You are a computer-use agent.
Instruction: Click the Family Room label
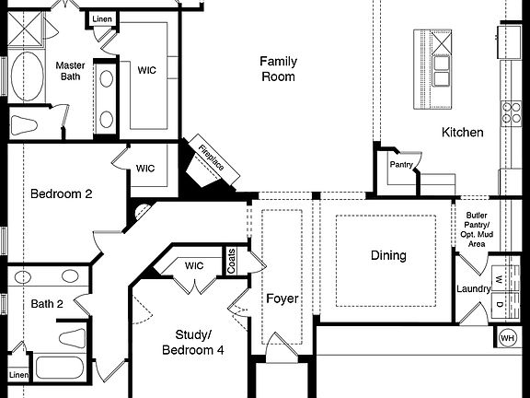click(277, 69)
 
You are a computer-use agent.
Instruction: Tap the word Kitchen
click(462, 133)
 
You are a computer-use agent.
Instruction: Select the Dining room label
click(388, 255)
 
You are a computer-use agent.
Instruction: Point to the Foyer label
click(282, 298)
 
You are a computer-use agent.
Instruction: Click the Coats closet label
click(232, 261)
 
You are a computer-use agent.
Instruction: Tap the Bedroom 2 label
click(62, 194)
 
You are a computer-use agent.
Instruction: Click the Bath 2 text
click(46, 303)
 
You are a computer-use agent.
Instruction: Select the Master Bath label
click(70, 72)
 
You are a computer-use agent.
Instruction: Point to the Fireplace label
click(210, 158)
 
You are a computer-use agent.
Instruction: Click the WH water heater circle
click(507, 338)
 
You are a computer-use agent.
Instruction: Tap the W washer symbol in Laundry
click(499, 279)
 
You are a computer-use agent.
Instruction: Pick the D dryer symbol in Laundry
click(499, 304)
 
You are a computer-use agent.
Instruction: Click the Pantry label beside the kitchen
click(400, 166)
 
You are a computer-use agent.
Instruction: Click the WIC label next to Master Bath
click(146, 70)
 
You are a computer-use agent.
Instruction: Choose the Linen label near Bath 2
click(17, 375)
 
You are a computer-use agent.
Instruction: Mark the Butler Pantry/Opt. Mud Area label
click(477, 228)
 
